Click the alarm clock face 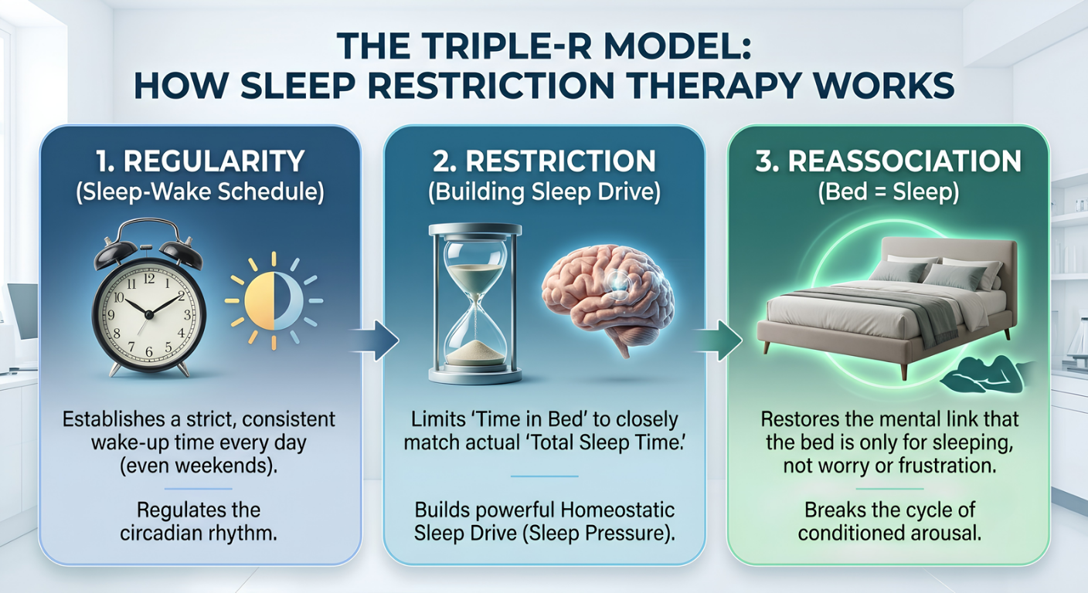(149, 314)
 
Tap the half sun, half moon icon (274, 301)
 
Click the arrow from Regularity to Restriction (374, 341)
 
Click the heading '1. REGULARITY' (200, 161)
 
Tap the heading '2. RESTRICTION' (544, 161)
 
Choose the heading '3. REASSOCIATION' (889, 161)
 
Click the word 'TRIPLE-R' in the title (487, 46)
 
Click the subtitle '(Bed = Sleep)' (889, 192)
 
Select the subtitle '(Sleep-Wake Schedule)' (200, 192)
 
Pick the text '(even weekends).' (199, 466)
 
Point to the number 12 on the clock (148, 279)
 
